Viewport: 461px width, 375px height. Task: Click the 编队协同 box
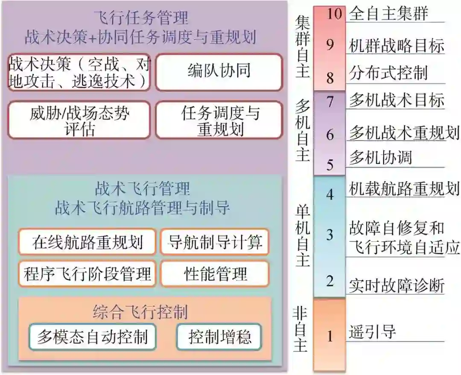219,72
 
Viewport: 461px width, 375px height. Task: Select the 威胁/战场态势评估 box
79,120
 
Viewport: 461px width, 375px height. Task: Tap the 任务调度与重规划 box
219,120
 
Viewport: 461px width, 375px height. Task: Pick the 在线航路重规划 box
87,242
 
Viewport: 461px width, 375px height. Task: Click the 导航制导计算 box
215,242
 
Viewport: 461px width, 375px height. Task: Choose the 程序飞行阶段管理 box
87,273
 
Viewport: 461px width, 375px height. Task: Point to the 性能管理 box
215,273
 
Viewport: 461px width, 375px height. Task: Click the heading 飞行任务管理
141,18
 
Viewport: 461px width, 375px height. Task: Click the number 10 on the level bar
335,14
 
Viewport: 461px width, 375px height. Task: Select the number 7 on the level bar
330,101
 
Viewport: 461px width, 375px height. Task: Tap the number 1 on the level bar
330,336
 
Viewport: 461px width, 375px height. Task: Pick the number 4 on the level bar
330,194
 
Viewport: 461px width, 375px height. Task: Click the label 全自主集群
388,14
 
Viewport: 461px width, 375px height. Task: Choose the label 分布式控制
388,73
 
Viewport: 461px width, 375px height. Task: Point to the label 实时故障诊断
397,285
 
